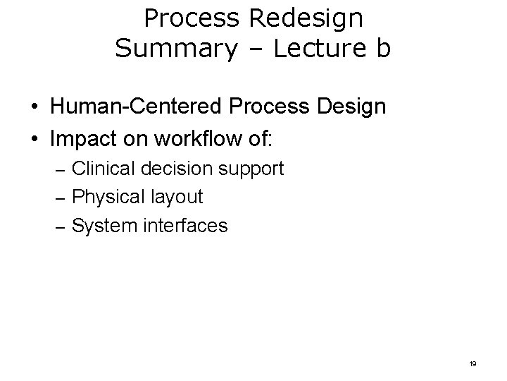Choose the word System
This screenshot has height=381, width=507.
coord(104,226)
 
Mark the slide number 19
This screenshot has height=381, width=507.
coord(472,363)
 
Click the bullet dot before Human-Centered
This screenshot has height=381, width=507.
coord(34,108)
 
